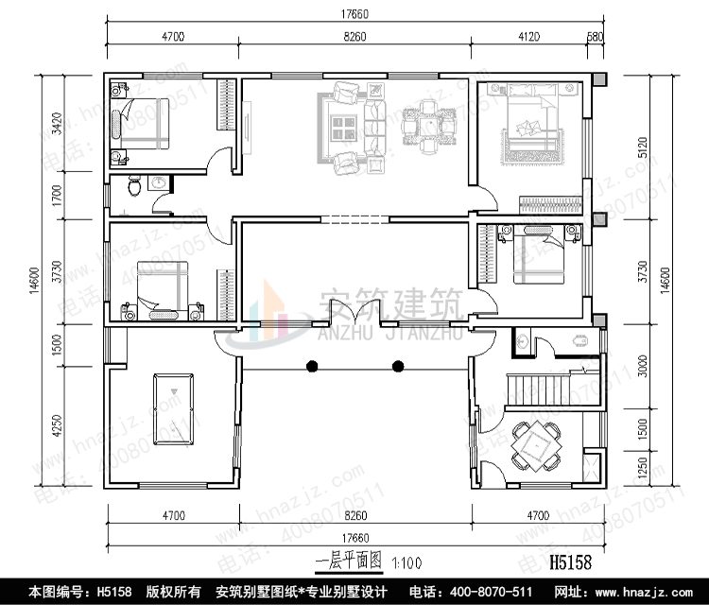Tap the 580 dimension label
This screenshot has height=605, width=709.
click(x=595, y=37)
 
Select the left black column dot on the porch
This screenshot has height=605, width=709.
click(x=311, y=366)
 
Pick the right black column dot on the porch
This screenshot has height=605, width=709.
click(x=398, y=366)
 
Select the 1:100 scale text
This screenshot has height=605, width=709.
click(x=408, y=562)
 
